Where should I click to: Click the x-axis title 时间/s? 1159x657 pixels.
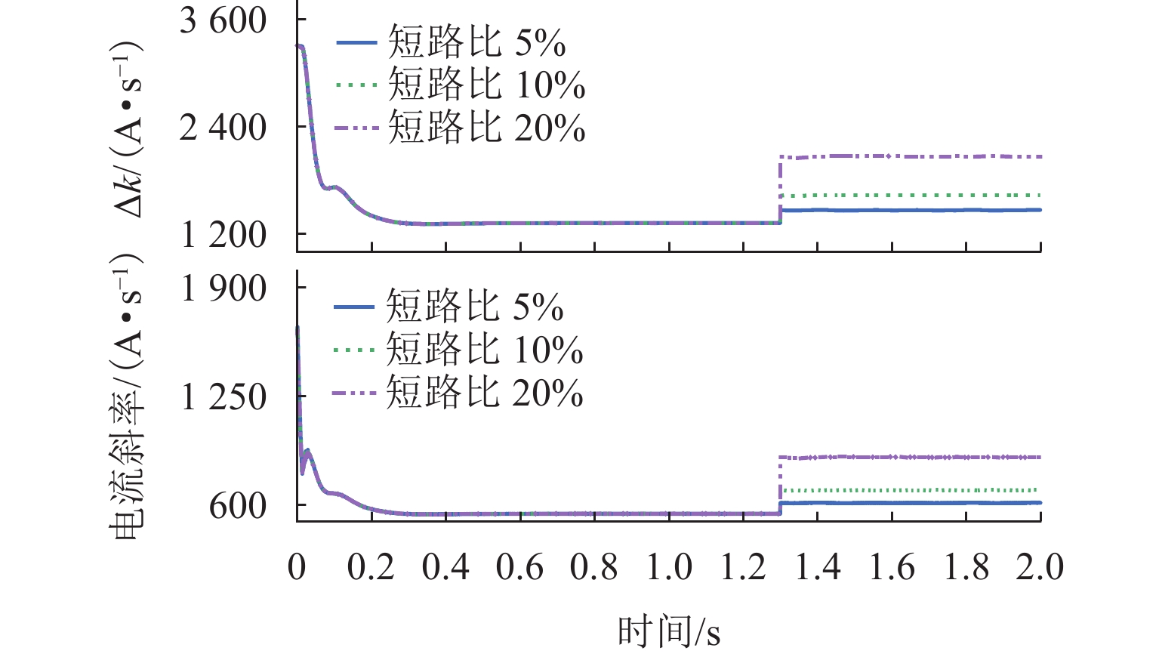tap(669, 631)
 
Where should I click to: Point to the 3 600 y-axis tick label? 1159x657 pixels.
tap(223, 20)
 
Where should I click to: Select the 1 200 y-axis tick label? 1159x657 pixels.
tap(223, 235)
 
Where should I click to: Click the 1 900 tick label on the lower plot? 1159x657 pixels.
tap(224, 288)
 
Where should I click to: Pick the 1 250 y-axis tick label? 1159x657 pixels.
tap(224, 396)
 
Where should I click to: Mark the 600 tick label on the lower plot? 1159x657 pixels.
tap(238, 505)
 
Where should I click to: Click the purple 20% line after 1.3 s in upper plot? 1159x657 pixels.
tap(906, 156)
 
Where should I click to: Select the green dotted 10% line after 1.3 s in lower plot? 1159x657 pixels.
tap(906, 490)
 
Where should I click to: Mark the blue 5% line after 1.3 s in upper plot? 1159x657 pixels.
tap(906, 210)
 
